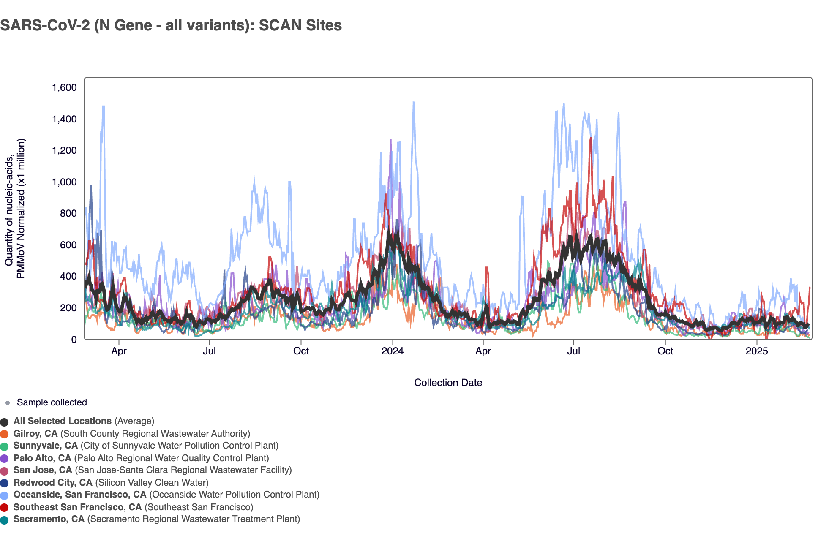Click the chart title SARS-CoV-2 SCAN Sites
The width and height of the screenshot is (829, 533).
point(171,25)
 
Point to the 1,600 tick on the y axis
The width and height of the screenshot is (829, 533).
point(64,87)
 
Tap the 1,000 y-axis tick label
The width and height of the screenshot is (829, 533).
point(64,182)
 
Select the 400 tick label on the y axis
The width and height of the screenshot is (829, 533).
point(68,276)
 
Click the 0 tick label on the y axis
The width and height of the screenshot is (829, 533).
point(74,339)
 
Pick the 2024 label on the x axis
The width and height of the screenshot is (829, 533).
point(392,351)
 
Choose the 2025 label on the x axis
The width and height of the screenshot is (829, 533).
point(756,351)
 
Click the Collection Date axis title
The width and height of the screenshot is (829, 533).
point(448,383)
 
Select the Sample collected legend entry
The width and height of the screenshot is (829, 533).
point(52,402)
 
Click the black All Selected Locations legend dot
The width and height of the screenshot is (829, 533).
point(5,422)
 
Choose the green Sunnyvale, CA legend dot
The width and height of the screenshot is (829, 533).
point(5,446)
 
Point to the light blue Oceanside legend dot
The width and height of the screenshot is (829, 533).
point(5,495)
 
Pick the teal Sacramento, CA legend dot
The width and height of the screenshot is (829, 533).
point(5,520)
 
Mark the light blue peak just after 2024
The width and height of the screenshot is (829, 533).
point(413,102)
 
